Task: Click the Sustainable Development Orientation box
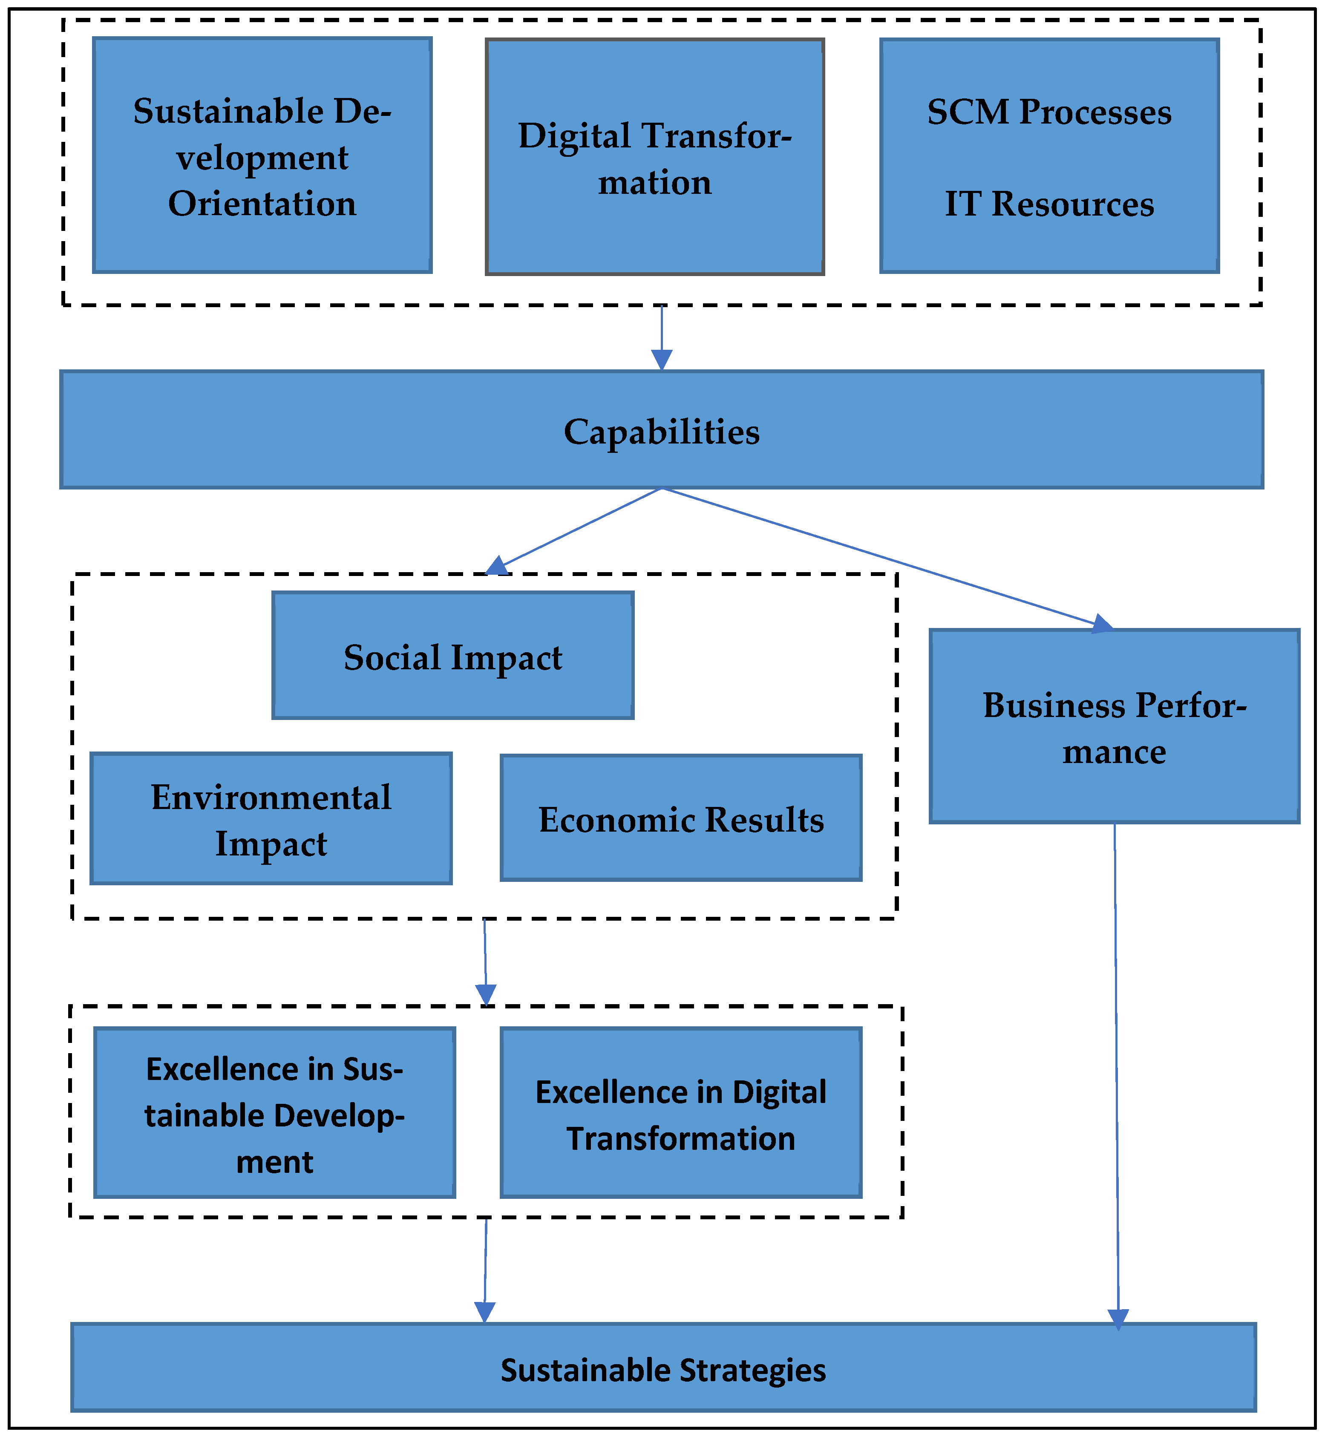[262, 156]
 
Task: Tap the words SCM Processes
[1049, 112]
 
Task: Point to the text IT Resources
[1049, 204]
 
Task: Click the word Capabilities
[661, 432]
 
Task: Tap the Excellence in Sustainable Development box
[275, 1115]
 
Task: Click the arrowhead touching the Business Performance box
[1103, 624]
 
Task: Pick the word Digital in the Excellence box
[779, 1092]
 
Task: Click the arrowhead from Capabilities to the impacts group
[497, 566]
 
